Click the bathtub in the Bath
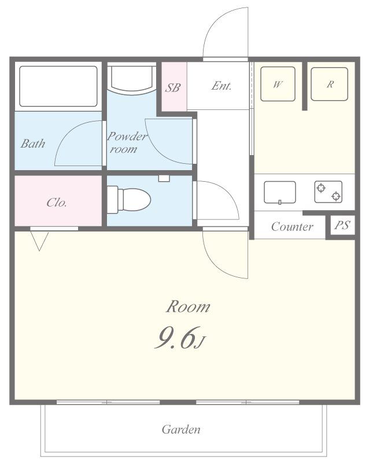[58, 86]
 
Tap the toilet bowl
[136, 200]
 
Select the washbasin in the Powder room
[132, 79]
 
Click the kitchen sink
[279, 192]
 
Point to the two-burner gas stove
[329, 192]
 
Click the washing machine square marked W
[278, 84]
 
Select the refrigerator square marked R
[330, 84]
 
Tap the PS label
[342, 225]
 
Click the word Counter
[292, 227]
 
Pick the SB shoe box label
[172, 88]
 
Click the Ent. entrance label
[221, 86]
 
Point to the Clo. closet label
[57, 203]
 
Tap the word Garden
[181, 429]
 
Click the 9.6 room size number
[175, 338]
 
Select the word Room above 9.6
[189, 307]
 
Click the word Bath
[33, 144]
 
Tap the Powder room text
[126, 142]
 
